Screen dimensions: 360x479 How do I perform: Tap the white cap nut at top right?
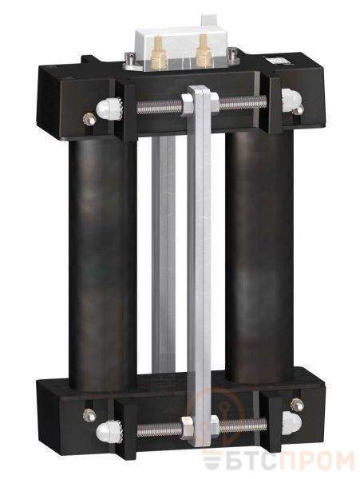pos(291,99)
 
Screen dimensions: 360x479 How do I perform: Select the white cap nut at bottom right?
pos(291,423)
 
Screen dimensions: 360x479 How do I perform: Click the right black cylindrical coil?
pos(259,255)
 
